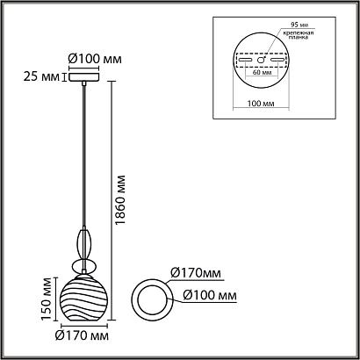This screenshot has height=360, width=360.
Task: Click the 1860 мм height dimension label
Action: click(x=120, y=200)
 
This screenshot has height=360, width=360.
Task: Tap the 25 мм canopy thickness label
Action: click(x=42, y=77)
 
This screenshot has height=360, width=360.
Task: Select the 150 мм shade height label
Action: click(x=47, y=299)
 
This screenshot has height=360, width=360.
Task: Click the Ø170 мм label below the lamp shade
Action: click(x=82, y=335)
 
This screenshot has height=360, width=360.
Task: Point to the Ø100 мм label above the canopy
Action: click(x=95, y=60)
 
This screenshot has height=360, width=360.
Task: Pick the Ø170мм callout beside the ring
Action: click(x=196, y=273)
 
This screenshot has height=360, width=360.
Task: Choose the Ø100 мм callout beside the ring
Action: click(x=210, y=296)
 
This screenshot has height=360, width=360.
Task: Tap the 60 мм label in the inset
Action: click(x=261, y=72)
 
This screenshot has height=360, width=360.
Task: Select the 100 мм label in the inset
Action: click(x=261, y=104)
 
